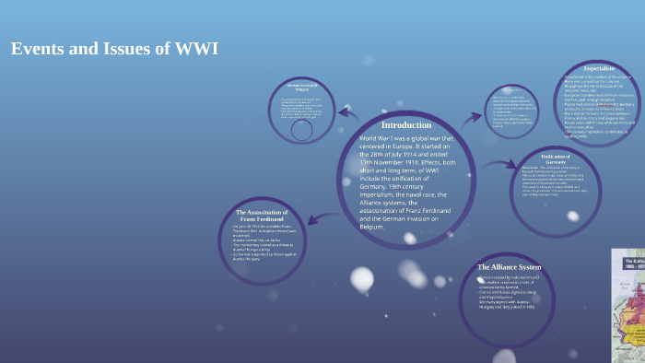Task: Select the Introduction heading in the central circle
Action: [x=406, y=124]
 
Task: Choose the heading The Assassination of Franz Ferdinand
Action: [x=263, y=216]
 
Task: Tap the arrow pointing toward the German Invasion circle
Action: [x=347, y=114]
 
